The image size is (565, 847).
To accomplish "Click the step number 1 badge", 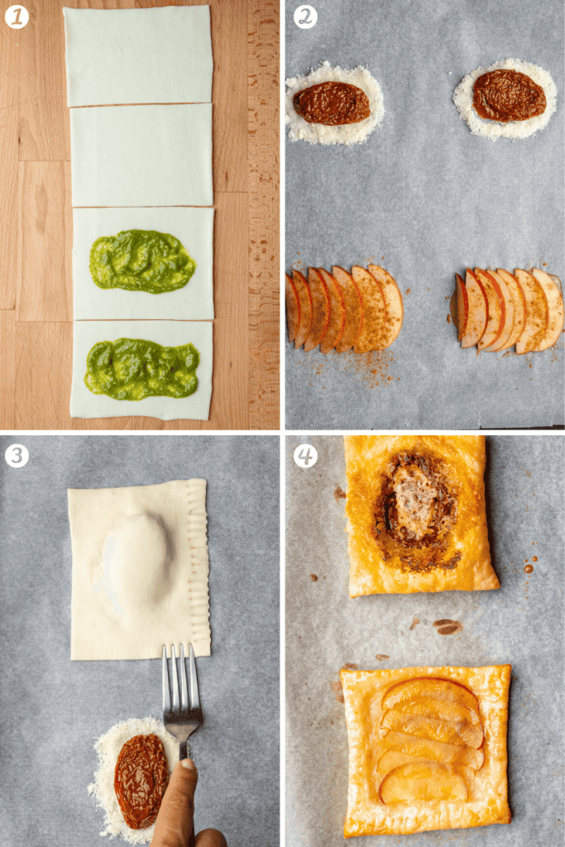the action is tap(17, 17).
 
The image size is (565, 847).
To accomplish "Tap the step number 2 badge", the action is tap(305, 17).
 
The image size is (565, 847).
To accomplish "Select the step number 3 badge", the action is tap(17, 456).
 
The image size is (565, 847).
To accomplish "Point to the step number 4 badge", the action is tap(305, 456).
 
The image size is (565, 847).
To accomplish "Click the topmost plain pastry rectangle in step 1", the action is tap(138, 55).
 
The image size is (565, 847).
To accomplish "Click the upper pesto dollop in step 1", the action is tap(142, 261).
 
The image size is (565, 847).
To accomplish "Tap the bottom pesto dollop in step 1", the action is tap(142, 368).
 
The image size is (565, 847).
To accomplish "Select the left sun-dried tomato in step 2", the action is tap(331, 103).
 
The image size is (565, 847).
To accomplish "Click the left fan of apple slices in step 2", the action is tap(344, 309).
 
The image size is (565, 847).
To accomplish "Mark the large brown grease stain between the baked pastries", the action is tap(448, 627).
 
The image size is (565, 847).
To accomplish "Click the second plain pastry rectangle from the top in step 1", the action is tap(141, 155).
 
